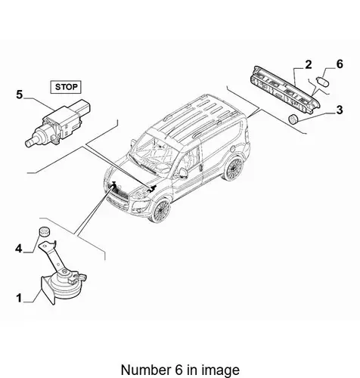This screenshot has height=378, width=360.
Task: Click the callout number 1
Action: pos(19,298)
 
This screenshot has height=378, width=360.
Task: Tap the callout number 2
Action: pos(309,65)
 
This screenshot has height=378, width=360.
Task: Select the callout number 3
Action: pos(340,110)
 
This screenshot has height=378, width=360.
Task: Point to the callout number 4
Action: pos(19,249)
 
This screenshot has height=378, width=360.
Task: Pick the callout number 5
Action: pos(20,94)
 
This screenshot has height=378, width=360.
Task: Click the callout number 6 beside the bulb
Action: pos(340,64)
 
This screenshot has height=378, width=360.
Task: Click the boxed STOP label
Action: pos(66,87)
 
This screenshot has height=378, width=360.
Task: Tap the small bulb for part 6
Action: pos(322,82)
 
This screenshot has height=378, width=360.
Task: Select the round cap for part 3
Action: pos(293,119)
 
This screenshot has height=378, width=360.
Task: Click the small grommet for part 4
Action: pos(45,231)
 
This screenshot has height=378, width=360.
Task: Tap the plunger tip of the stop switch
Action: pos(29,144)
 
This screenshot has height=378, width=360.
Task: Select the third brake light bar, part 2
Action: pos(285,91)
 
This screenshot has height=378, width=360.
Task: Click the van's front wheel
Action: pos(160,210)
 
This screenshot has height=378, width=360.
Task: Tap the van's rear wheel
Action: pos(234,169)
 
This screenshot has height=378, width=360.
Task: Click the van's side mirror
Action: pos(182,173)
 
